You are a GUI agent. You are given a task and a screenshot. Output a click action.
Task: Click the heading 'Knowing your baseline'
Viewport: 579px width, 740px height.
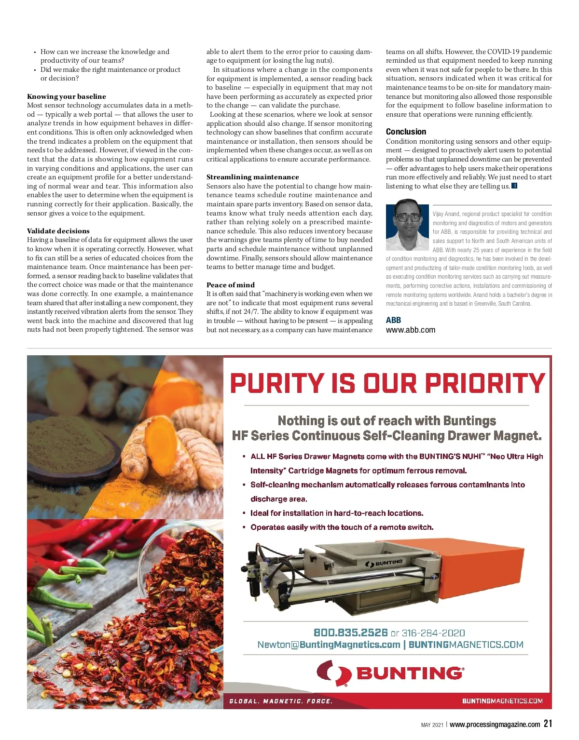pos(67,96)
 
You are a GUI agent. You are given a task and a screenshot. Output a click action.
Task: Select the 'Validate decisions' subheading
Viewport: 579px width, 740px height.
pos(58,231)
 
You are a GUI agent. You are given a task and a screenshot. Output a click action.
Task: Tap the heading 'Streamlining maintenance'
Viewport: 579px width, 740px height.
pos(252,177)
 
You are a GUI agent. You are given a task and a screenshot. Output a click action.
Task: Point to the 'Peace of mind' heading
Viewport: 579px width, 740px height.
pos(231,285)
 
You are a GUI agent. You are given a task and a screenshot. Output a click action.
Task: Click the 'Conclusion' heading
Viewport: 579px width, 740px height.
pos(406,132)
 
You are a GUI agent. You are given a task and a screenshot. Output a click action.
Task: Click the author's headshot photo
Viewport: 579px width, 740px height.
pos(408,225)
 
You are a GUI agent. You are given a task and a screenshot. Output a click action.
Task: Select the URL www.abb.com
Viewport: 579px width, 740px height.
pos(410,330)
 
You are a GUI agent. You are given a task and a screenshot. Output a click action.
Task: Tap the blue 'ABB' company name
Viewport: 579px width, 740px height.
pos(393,320)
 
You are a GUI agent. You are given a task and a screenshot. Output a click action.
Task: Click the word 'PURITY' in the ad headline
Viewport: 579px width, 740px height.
pos(277,383)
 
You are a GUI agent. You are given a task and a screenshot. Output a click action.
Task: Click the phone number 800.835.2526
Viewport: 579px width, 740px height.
pos(351,632)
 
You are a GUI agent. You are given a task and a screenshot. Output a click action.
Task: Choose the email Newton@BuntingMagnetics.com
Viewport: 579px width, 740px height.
pos(329,645)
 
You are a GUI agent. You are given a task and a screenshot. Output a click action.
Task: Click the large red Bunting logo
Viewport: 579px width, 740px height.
pos(390,673)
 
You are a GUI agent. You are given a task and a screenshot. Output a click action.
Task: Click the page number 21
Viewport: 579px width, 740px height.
pos(548,724)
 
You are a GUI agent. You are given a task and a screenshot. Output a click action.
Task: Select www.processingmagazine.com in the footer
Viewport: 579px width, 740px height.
pos(495,724)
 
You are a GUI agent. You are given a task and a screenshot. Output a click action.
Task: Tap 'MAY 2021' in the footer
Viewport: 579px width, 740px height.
pos(432,725)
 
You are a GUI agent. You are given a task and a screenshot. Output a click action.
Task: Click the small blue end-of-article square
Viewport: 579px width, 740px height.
pos(514,186)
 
